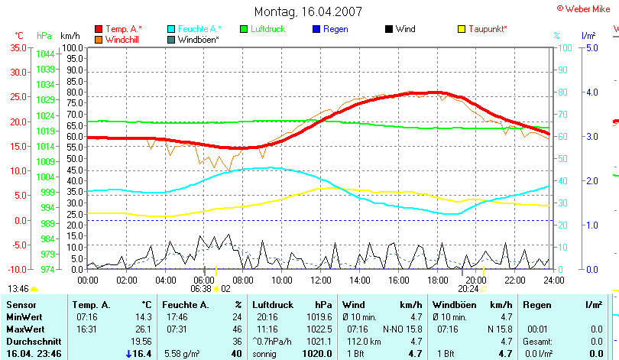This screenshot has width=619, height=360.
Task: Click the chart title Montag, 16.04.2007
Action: click(x=308, y=11)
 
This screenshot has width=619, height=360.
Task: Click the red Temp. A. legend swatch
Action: click(x=99, y=29)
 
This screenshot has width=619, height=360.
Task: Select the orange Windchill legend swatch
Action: click(x=99, y=39)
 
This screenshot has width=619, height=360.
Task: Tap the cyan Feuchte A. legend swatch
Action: click(x=171, y=29)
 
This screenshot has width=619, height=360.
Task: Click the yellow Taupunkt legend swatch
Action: click(x=462, y=29)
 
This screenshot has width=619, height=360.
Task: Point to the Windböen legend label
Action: click(x=198, y=39)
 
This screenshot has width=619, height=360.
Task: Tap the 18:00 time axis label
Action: click(x=438, y=279)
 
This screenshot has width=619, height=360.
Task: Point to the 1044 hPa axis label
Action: click(x=45, y=54)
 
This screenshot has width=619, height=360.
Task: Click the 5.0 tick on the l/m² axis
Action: click(x=590, y=47)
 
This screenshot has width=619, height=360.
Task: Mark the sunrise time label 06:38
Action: click(x=200, y=289)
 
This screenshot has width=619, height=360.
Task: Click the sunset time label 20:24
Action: click(x=467, y=289)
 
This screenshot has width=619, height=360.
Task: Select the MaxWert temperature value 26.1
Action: click(x=142, y=329)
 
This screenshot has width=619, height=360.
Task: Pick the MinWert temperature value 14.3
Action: click(x=142, y=316)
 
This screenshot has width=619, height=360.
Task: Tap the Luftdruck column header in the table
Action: click(x=273, y=305)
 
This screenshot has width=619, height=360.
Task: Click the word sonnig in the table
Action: click(x=266, y=354)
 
